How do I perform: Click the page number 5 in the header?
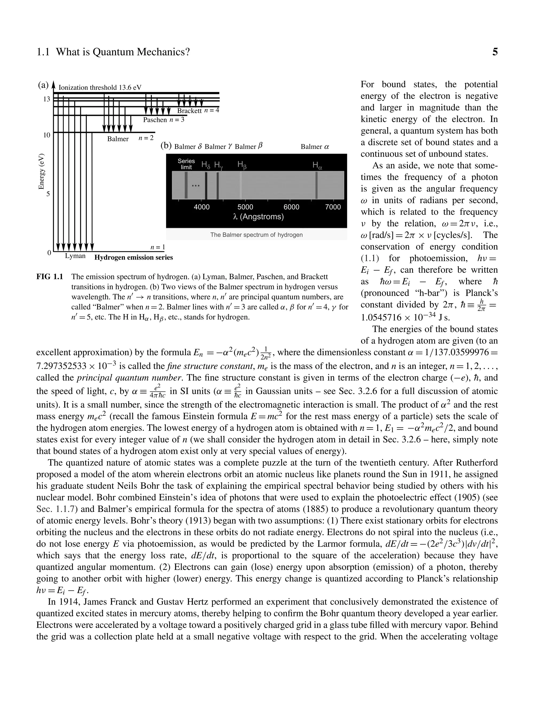(495, 52)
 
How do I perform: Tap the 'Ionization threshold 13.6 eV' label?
(100, 88)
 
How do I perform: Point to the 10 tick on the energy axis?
(47, 135)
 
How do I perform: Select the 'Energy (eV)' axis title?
(41, 172)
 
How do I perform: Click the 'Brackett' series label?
(189, 111)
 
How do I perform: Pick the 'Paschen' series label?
(155, 120)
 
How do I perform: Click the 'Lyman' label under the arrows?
(75, 256)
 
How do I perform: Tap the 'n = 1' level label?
(158, 247)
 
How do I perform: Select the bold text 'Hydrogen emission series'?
(134, 257)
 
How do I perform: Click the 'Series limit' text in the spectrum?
(186, 164)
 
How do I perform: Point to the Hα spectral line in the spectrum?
(316, 185)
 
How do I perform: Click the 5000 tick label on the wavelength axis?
(245, 207)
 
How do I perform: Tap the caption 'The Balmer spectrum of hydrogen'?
(256, 235)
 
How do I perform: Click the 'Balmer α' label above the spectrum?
(315, 147)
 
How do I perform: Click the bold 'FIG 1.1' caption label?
(50, 277)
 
